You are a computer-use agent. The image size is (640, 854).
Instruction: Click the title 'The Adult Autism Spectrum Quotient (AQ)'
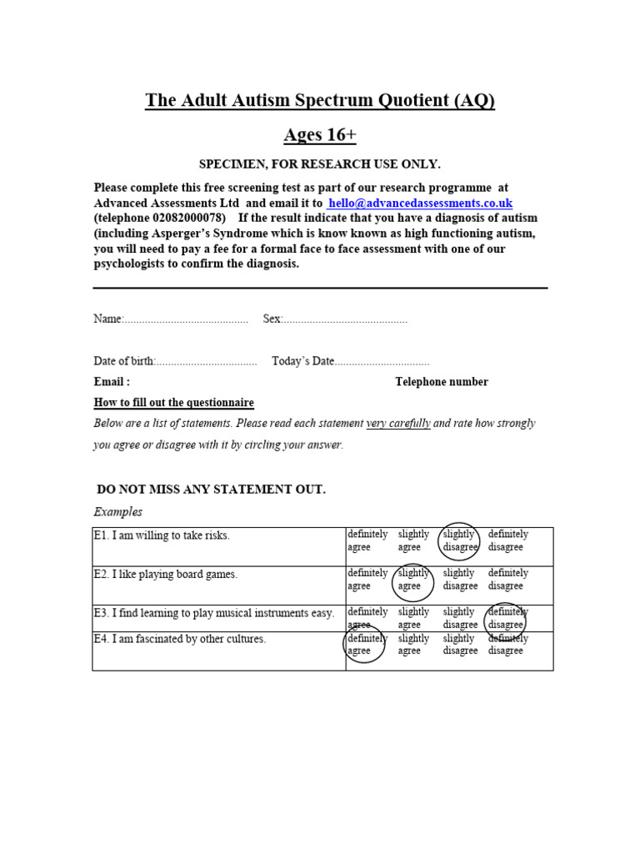[x=320, y=101]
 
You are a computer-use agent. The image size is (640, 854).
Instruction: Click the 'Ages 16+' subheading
[x=320, y=135]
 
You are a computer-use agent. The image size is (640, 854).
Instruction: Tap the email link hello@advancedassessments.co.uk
[x=420, y=203]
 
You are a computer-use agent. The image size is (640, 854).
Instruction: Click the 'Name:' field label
[x=108, y=319]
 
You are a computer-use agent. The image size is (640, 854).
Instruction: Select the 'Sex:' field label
[x=273, y=319]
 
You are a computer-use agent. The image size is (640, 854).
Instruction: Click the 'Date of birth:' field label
[x=124, y=361]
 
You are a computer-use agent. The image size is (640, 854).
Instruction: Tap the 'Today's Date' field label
[x=302, y=361]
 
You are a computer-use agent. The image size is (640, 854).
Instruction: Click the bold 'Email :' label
[x=112, y=382]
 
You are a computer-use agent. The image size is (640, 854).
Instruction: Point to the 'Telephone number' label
[x=442, y=382]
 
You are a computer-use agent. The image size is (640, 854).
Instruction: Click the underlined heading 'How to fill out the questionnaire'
[x=173, y=402]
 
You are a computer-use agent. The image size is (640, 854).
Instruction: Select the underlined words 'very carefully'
[x=398, y=424]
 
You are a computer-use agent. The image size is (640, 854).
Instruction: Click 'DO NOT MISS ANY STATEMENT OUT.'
[x=211, y=489]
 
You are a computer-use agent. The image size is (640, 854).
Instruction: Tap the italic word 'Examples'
[x=117, y=511]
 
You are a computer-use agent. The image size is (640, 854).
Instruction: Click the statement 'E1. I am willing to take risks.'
[x=161, y=535]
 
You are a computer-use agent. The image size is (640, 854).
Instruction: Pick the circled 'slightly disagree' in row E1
[x=459, y=541]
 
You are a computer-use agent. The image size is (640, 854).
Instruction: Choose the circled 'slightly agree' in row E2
[x=412, y=580]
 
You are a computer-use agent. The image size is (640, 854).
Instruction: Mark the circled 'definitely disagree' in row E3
[x=506, y=618]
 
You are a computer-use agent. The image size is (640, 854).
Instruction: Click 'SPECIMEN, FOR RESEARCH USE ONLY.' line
[x=319, y=163]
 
